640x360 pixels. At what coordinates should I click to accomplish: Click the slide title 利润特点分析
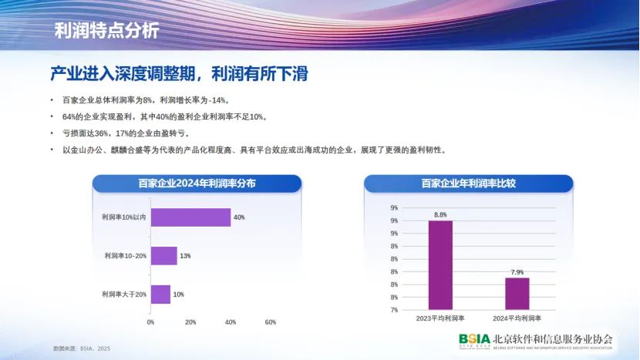106,31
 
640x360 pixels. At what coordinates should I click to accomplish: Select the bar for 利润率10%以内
190,217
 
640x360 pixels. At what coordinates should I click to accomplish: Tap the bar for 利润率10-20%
164,256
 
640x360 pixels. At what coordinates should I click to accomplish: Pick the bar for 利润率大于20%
161,294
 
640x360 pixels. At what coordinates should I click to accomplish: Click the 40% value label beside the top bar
239,217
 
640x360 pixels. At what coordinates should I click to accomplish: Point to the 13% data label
185,256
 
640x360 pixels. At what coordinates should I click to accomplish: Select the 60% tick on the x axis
270,322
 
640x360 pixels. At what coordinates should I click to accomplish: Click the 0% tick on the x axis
150,322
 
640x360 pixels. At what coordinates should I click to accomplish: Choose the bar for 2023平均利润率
440,265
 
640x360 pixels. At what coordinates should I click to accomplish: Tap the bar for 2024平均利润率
517,294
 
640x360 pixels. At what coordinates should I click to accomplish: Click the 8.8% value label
440,215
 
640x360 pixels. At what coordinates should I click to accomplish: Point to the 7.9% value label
517,272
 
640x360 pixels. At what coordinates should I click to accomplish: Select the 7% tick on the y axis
394,310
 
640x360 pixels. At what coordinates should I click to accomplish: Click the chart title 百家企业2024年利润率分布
197,183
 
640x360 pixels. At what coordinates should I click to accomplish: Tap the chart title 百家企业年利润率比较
469,183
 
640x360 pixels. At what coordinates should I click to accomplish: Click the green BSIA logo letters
474,339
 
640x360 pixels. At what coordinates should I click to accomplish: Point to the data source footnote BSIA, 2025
82,348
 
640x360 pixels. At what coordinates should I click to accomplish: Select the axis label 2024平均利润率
517,318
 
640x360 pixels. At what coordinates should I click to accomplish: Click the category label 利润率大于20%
124,294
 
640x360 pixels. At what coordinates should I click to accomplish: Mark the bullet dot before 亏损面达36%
52,133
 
